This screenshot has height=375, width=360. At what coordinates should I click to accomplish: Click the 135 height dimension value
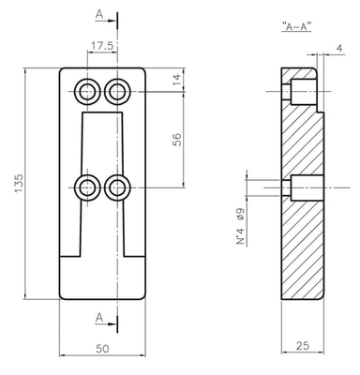[x=19, y=184]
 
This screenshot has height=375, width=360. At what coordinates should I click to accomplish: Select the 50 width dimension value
[x=102, y=349]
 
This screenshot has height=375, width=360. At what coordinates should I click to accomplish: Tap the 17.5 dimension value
[x=102, y=46]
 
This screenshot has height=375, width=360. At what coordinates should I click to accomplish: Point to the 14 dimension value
[x=176, y=80]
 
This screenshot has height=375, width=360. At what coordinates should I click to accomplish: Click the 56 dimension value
[x=176, y=140]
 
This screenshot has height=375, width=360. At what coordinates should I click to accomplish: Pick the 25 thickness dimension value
[x=303, y=345]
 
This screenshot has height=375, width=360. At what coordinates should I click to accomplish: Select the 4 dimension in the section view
[x=339, y=48]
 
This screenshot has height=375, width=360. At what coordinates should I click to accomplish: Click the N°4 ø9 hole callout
[x=240, y=226]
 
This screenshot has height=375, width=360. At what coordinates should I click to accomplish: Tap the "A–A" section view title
[x=296, y=27]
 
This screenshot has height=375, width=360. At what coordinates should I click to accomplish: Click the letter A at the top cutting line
[x=99, y=14]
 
